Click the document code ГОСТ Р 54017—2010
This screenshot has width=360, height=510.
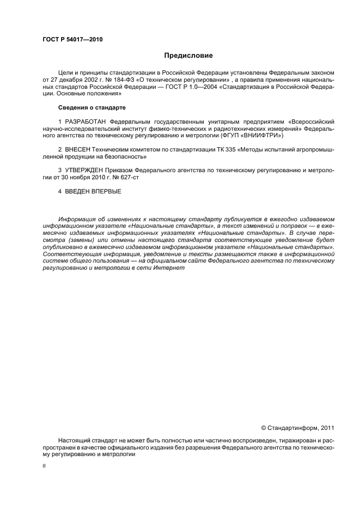click(x=72, y=40)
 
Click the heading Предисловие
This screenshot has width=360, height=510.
click(x=188, y=56)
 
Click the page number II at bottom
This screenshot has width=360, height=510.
click(x=44, y=466)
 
